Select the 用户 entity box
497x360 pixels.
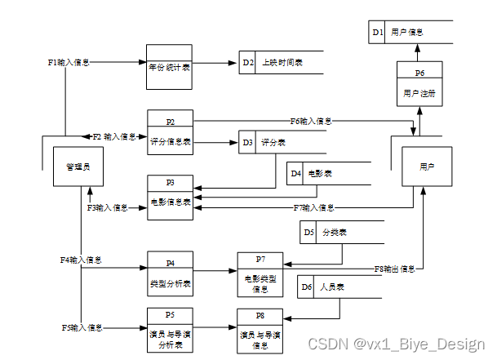pos(426,167)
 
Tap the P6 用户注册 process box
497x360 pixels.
pos(419,84)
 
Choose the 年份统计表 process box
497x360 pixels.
pos(170,67)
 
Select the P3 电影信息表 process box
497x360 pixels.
pos(170,197)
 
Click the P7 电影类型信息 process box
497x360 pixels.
pos(260,274)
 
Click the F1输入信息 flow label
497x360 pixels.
pos(69,62)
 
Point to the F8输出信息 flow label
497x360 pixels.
pos(395,268)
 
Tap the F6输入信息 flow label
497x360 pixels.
pos(311,121)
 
